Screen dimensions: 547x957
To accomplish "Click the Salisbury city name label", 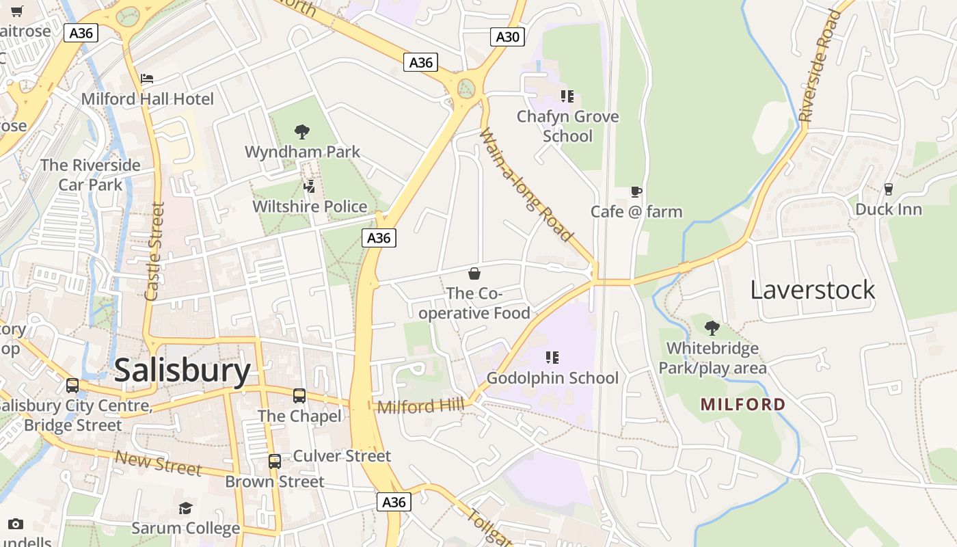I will tap(183, 370).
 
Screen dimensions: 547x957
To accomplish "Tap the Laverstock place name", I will tap(812, 289).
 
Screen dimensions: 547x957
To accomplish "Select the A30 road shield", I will tap(507, 37).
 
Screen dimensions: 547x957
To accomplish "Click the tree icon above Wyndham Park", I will tap(301, 131).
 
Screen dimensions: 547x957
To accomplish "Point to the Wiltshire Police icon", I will tap(310, 186).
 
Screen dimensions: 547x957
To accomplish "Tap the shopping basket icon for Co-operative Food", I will tap(474, 274).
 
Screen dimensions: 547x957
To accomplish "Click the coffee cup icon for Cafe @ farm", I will tap(636, 192).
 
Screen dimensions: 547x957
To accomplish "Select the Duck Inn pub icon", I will tap(889, 189).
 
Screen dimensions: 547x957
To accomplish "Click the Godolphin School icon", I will tap(552, 358).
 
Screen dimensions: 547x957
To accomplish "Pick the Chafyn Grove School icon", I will tap(567, 96).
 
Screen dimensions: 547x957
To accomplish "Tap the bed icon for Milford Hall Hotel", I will tap(147, 79).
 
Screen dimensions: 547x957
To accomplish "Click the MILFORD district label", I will tap(743, 404).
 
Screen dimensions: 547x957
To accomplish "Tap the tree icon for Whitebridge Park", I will tap(712, 328).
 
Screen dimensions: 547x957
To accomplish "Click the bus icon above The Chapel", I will tap(299, 395).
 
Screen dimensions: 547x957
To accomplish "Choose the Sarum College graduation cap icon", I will tap(185, 508).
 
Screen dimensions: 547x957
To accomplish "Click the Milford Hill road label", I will tap(420, 406).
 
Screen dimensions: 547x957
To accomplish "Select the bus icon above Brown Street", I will tap(274, 462).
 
